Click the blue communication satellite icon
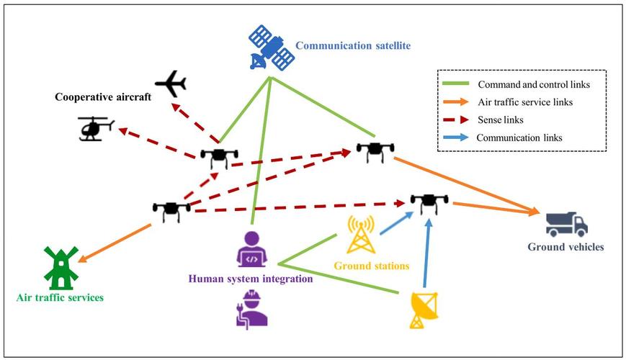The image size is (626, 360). tap(272, 48)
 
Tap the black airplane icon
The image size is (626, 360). tap(171, 84)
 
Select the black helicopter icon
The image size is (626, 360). tap(96, 128)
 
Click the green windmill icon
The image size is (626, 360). tap(61, 268)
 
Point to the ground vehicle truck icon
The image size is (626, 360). tap(566, 225)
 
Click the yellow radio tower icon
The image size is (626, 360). tap(360, 235)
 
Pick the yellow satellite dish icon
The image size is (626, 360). tap(424, 310)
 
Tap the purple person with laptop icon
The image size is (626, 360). tap(251, 249)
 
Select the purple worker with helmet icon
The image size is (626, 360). tap(251, 310)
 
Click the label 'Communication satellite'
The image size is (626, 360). tap(353, 45)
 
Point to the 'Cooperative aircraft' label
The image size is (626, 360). tap(103, 97)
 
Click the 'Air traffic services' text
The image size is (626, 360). tap(60, 297)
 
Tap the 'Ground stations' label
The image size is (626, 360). tap(372, 266)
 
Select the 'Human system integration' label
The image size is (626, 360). tap(251, 279)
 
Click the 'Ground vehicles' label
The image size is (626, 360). tap(565, 247)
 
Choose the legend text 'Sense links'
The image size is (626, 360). tap(500, 120)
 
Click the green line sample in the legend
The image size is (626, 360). tap(456, 84)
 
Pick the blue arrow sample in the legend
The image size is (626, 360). tap(456, 138)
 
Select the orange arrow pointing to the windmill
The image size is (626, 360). tap(115, 243)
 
